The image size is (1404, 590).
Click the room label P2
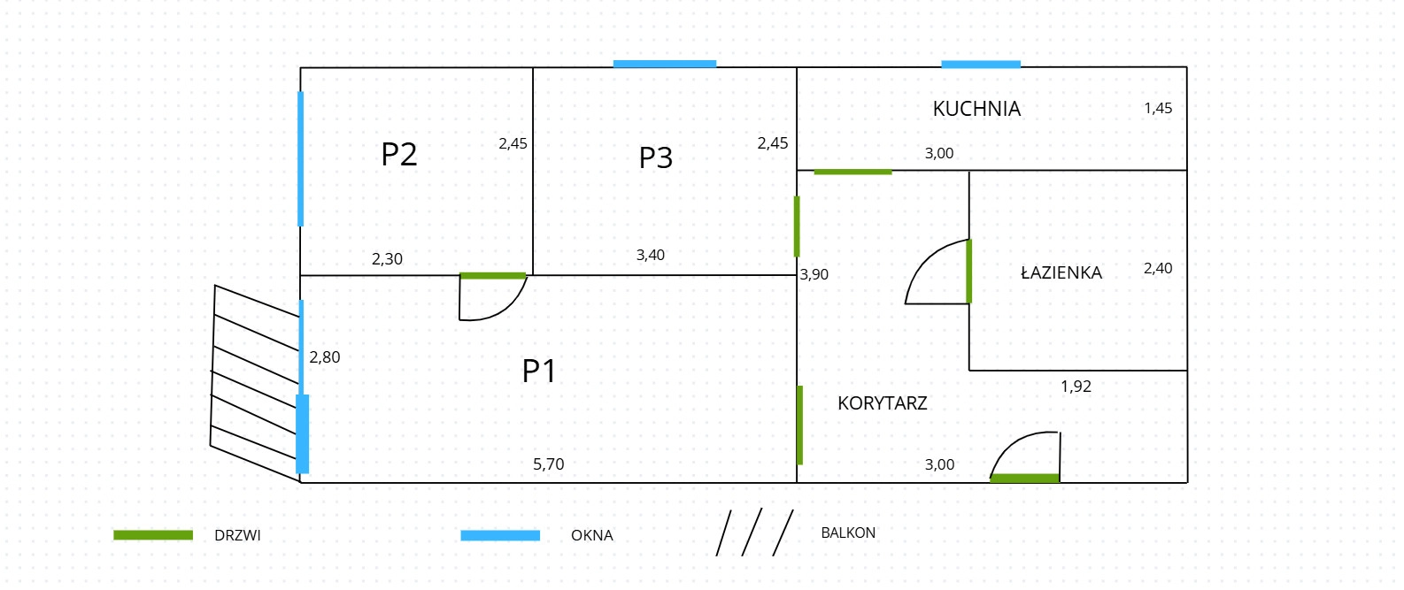pos(398,155)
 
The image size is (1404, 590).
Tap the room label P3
pos(656,157)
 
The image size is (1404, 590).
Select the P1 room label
pos(538,371)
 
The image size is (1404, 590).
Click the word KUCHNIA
pos(976,109)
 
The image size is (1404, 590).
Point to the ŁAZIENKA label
pos(1061,272)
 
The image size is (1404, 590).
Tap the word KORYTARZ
pos(882,403)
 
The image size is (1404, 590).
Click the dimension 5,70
pos(548,464)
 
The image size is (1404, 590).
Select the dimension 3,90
pos(814,274)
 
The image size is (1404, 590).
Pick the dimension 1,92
pos(1076,387)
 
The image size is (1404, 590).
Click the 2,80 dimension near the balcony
pos(324,357)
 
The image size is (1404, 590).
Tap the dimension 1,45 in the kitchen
pos(1157,108)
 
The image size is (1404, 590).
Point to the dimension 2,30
pos(387,259)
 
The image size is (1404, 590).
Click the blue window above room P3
pos(664,64)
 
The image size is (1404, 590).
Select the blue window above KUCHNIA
pos(980,65)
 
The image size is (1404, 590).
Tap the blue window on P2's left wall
pos(301,158)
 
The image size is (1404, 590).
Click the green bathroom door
pos(969,272)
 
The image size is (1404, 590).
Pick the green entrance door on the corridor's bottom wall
pos(1024,479)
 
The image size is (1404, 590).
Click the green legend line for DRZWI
pos(153,535)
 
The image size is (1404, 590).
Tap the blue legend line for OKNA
pos(500,535)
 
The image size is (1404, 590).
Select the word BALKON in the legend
pos(847,533)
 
